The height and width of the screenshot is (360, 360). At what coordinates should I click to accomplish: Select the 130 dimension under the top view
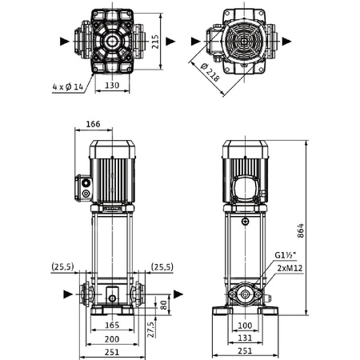click(112, 85)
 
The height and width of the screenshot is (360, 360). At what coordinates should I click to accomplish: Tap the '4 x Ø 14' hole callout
click(67, 85)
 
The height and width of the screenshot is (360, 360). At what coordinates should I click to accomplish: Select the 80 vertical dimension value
click(164, 304)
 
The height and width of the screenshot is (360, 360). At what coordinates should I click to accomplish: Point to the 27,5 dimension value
click(150, 330)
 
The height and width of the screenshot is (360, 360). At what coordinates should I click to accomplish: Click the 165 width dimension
click(113, 326)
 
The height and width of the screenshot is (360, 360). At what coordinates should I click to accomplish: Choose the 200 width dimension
click(113, 339)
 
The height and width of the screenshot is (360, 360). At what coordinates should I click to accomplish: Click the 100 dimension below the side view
click(246, 326)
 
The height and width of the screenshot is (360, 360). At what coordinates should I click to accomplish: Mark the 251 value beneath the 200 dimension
click(113, 353)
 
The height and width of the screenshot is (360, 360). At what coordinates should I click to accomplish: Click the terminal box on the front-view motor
click(85, 187)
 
